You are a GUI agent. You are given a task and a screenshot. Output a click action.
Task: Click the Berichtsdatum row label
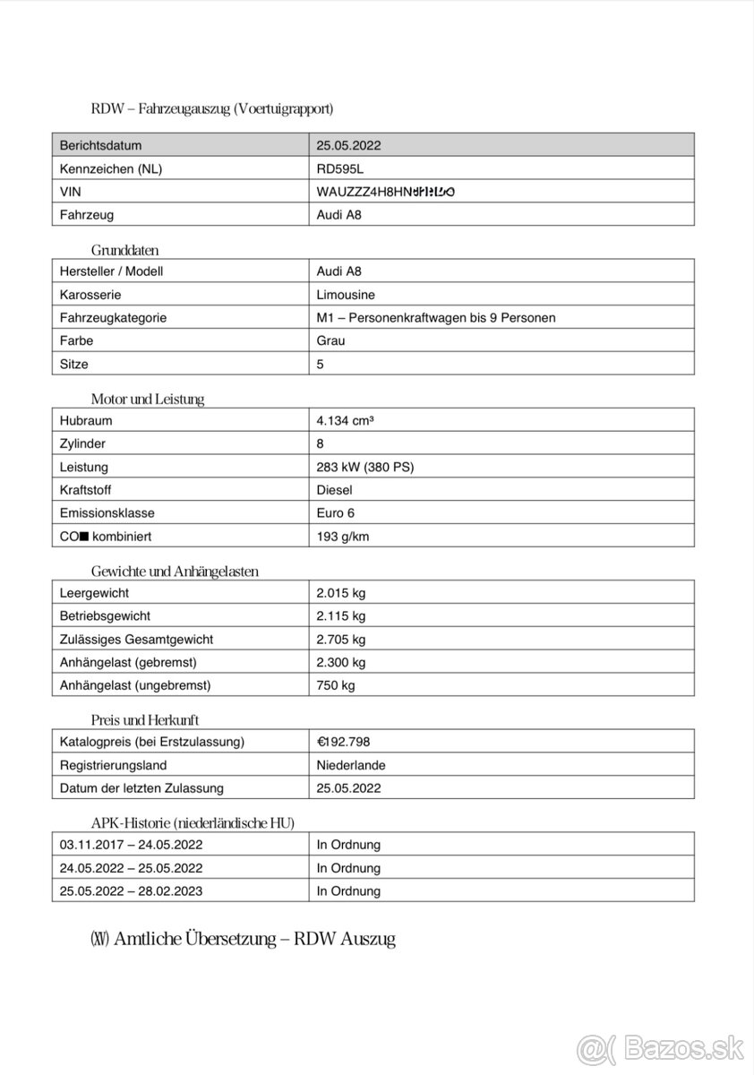click(100, 145)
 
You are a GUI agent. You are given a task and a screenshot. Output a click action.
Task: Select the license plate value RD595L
click(340, 168)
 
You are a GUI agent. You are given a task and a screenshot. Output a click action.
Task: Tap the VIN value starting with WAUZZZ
click(385, 192)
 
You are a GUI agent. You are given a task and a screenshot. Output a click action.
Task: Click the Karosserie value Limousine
click(346, 295)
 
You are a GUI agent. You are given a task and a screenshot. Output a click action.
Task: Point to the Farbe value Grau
click(330, 340)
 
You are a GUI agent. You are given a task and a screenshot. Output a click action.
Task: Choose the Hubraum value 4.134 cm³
click(345, 420)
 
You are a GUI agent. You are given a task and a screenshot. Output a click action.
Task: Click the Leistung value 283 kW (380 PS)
click(364, 467)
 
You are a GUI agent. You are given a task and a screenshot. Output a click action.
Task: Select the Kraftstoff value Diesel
click(334, 490)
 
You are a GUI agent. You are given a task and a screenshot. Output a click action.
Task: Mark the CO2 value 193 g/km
click(342, 537)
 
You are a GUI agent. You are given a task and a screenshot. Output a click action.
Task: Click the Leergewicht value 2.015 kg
click(340, 593)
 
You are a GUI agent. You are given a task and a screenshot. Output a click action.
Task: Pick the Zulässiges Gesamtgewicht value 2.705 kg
click(340, 640)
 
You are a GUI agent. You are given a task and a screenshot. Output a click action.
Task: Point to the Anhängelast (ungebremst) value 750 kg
click(335, 685)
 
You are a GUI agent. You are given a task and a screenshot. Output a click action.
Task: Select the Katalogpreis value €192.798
click(343, 742)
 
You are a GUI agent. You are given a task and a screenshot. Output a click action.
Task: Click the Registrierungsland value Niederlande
click(351, 765)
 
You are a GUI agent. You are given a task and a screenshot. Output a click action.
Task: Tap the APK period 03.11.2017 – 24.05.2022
click(131, 845)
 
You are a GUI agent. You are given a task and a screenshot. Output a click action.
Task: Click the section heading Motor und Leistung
click(148, 400)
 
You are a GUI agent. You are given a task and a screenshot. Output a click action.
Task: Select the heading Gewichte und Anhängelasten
click(175, 572)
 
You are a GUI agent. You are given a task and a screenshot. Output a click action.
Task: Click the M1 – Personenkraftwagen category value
click(435, 318)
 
